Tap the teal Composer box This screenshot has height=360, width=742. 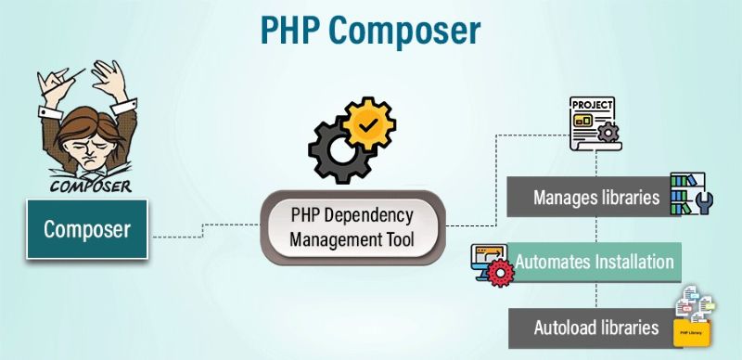coord(87,229)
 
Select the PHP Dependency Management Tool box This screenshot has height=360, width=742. coord(352,227)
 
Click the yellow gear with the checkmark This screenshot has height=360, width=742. coord(368,124)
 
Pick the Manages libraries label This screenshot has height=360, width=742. coord(596,197)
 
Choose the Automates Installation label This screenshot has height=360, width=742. coord(595,262)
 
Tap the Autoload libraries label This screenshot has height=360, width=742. coord(596,328)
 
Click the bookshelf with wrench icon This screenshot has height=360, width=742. coord(691,194)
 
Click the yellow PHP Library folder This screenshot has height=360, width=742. coord(692,332)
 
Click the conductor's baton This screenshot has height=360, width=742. coord(70,78)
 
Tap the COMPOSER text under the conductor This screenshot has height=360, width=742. coord(91,186)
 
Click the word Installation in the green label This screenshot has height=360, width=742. coord(634,262)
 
